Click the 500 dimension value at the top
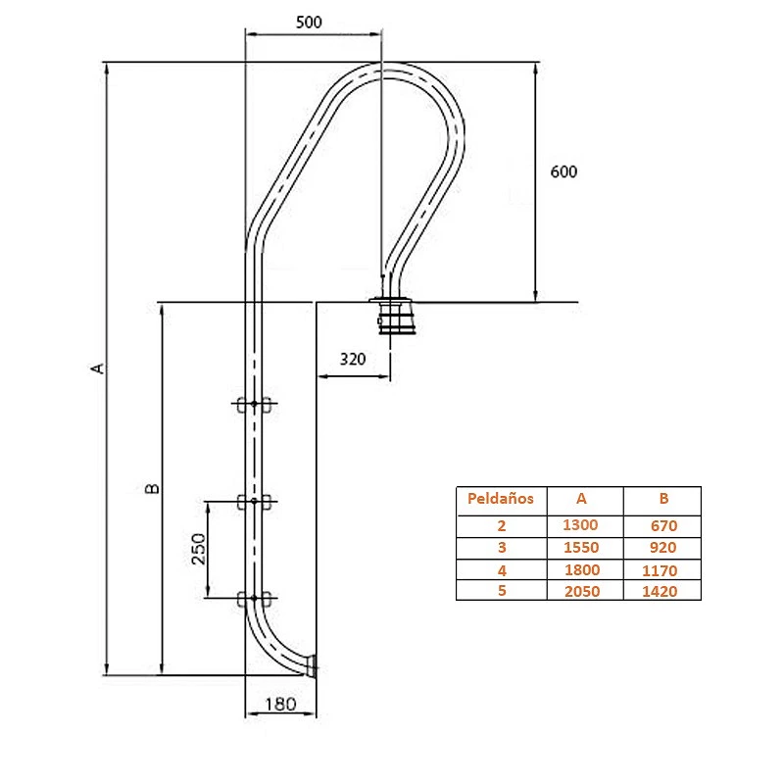coord(309,23)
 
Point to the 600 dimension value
coord(563,172)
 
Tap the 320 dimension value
coord(353,359)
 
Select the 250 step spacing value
coord(199,549)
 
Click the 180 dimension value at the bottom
coord(280,705)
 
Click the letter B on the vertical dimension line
coord(152,488)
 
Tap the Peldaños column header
coord(501,499)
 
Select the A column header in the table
coord(581,499)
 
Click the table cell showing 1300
coord(580,525)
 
